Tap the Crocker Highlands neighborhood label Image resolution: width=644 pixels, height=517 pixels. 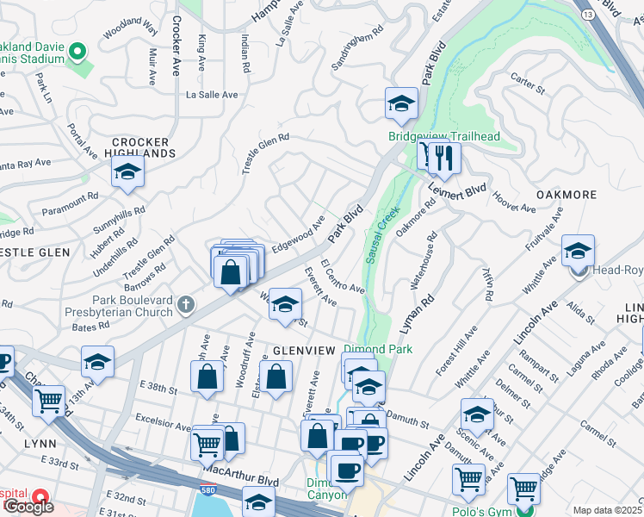pyautogui.click(x=143, y=147)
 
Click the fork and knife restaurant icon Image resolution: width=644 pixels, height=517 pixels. pyautogui.click(x=444, y=158)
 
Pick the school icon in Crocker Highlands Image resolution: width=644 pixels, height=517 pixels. pyautogui.click(x=127, y=171)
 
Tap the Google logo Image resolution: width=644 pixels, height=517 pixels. pyautogui.click(x=28, y=506)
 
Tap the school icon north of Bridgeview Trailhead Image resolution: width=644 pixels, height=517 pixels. pyautogui.click(x=400, y=104)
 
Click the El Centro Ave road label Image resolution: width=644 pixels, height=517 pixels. pyautogui.click(x=343, y=277)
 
